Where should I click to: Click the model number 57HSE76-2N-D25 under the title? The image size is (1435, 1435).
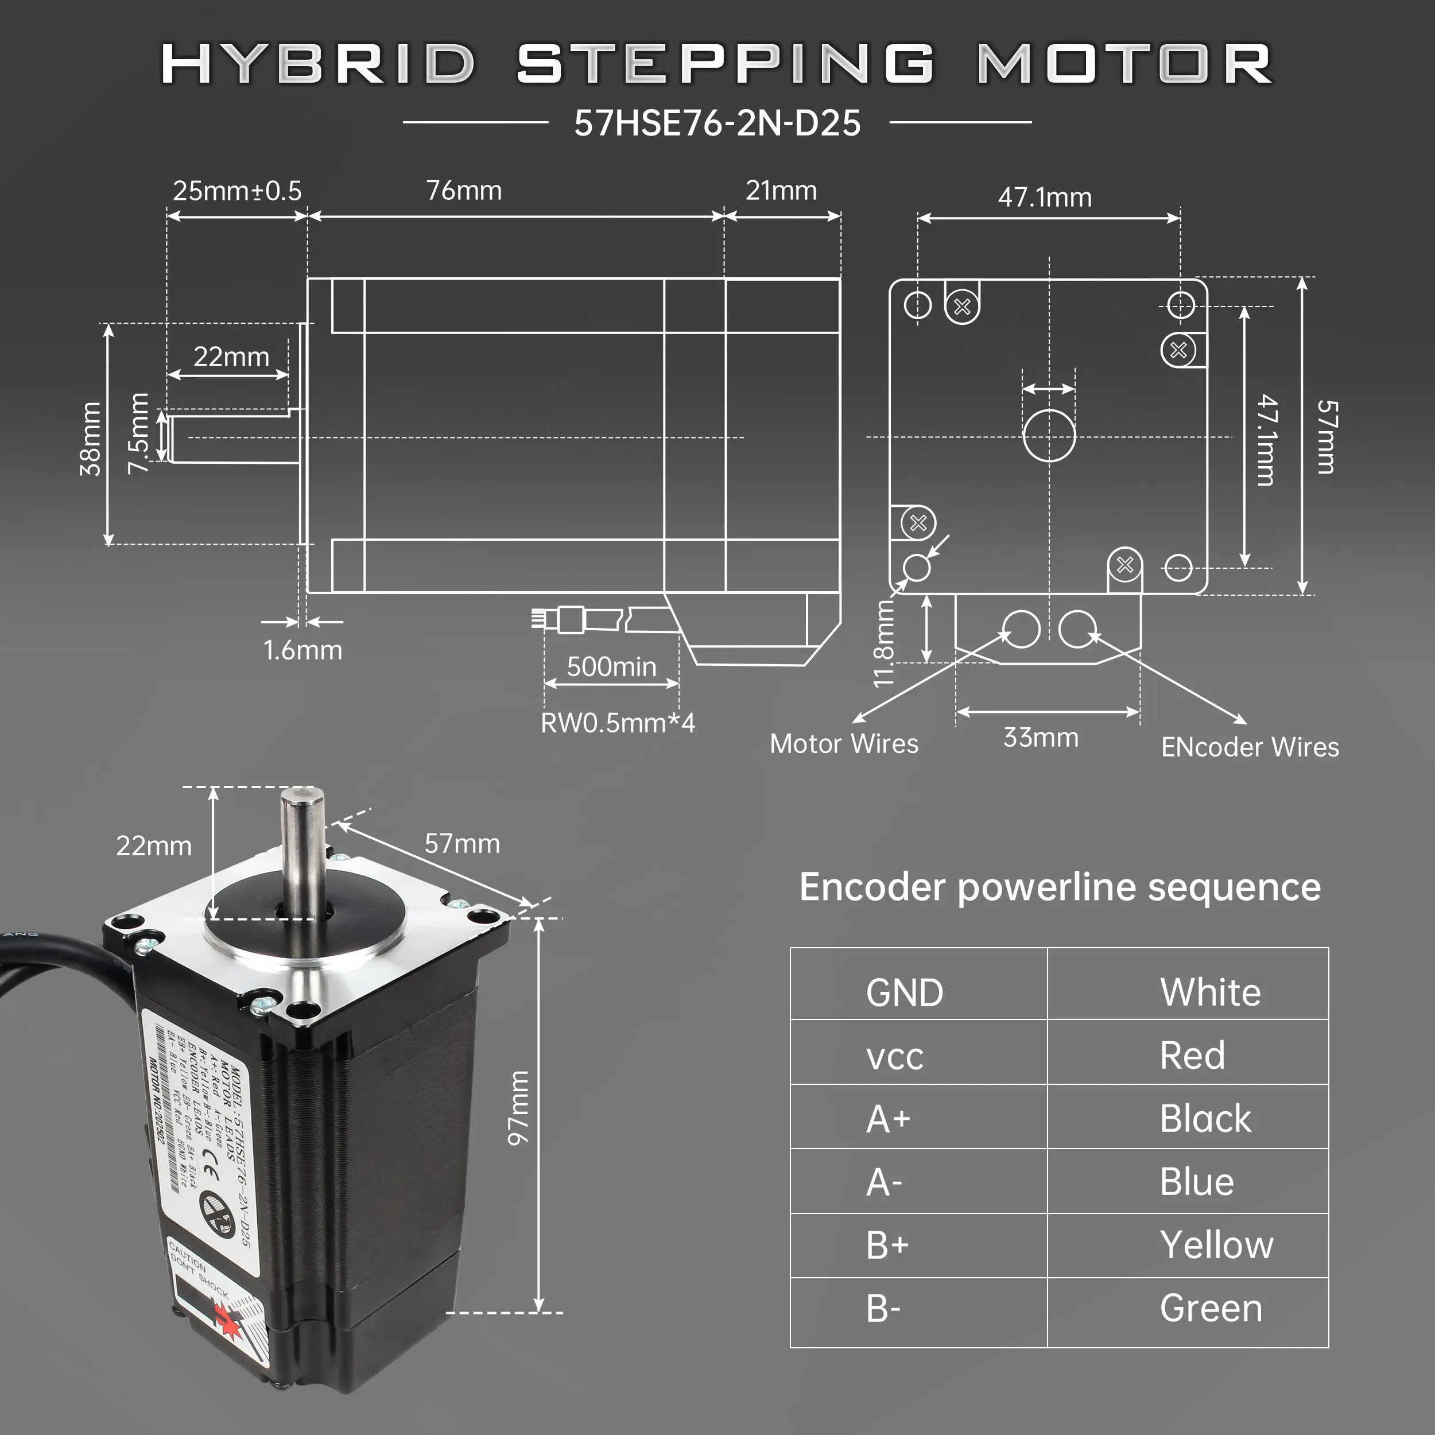tap(717, 123)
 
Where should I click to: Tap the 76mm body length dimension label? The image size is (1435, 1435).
tap(463, 191)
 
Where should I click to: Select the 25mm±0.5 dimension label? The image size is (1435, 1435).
tap(237, 191)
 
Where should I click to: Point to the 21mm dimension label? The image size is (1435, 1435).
tap(781, 191)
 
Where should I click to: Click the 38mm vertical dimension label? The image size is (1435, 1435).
tap(91, 438)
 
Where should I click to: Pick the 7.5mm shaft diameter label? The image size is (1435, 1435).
tap(139, 433)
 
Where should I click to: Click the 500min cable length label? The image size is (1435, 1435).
tap(611, 666)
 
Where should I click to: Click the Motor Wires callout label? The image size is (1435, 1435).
tap(844, 743)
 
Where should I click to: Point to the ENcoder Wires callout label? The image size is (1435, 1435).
tap(1250, 747)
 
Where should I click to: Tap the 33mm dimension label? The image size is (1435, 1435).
tap(1041, 738)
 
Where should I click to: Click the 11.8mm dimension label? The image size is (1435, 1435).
tap(884, 643)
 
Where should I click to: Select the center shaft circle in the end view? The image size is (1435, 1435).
tap(1049, 435)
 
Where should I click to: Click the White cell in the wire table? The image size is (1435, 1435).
tap(1210, 992)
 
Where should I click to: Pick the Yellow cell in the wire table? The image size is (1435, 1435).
tap(1216, 1245)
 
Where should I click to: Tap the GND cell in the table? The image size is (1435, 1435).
tap(904, 992)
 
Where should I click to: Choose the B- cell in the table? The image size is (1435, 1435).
tap(883, 1309)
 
